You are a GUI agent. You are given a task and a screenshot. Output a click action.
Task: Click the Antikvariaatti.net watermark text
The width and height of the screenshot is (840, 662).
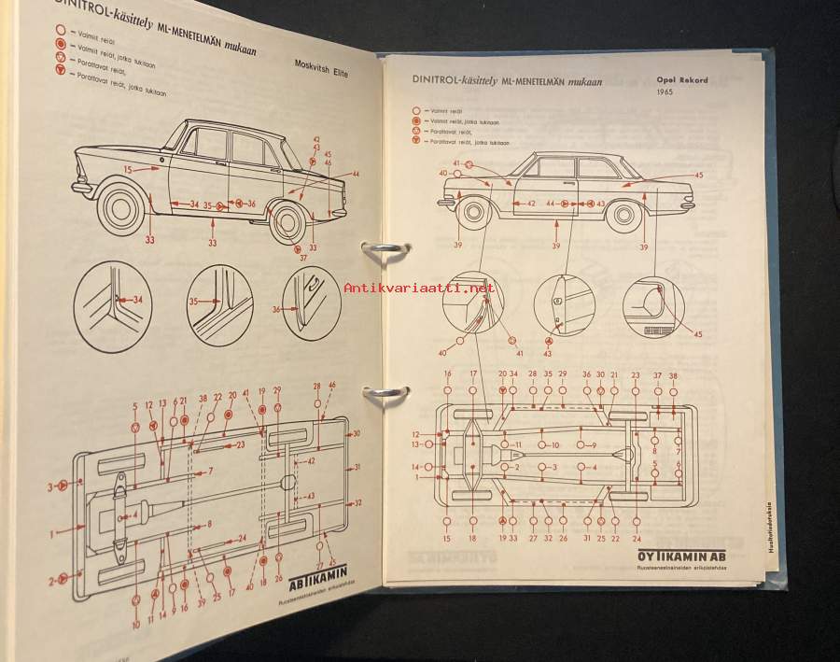[x=419, y=289]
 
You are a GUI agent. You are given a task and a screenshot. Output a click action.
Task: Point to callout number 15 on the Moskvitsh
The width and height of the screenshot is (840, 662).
[x=127, y=170]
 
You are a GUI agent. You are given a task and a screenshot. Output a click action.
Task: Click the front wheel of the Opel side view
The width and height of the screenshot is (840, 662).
[x=474, y=212]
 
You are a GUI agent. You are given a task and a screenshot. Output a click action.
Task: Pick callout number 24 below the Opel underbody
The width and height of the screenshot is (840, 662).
[x=637, y=538]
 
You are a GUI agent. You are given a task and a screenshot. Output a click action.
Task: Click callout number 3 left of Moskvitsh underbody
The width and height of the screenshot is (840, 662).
[x=50, y=486]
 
